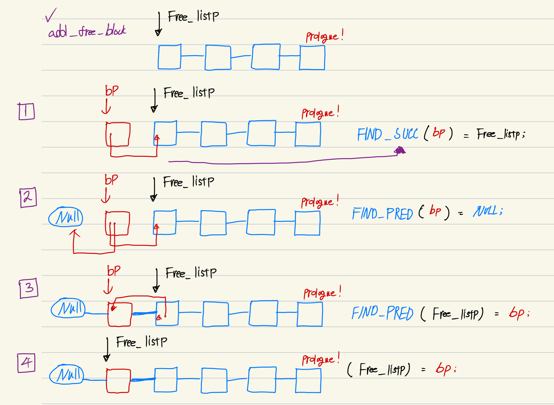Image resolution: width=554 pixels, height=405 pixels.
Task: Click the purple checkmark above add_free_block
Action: (x=50, y=15)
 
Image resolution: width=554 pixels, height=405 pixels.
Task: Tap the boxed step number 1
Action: (x=26, y=112)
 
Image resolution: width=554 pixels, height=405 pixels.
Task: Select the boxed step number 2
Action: (x=28, y=197)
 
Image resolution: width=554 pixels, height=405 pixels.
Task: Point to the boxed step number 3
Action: (x=29, y=288)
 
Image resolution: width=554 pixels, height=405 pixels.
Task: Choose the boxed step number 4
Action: (x=26, y=363)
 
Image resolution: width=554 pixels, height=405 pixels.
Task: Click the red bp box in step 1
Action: (x=118, y=134)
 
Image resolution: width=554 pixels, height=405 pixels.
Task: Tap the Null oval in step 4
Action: (x=67, y=374)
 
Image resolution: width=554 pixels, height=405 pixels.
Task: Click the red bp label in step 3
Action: (x=114, y=271)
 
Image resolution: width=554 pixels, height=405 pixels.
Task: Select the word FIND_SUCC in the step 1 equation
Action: (x=387, y=134)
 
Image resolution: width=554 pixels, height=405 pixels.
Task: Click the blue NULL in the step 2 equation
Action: (x=487, y=211)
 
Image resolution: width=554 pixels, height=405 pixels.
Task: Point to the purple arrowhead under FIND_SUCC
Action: (x=400, y=150)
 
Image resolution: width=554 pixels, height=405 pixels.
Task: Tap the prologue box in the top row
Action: (x=312, y=58)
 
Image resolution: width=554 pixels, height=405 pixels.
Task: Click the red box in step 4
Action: (x=118, y=381)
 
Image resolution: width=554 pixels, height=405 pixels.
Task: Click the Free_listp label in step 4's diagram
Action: (x=141, y=342)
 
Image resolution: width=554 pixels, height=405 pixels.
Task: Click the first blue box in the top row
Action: (x=170, y=57)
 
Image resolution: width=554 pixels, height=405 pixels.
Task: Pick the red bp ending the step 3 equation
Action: (x=517, y=313)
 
